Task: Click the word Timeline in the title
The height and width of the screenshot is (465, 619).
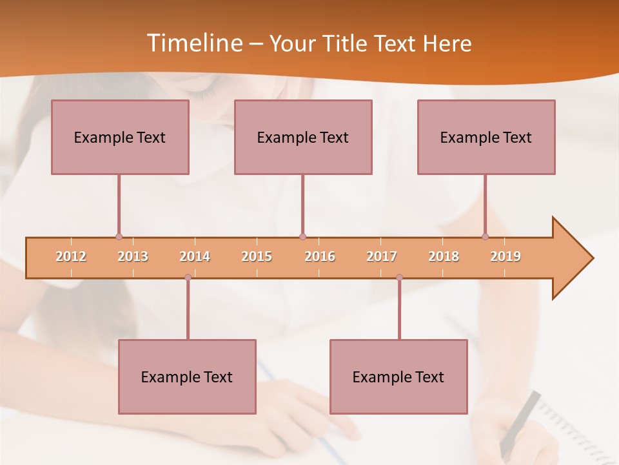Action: coord(193,43)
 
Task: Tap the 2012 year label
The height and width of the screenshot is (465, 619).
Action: coord(71,257)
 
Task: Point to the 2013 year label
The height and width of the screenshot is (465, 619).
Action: coord(133,257)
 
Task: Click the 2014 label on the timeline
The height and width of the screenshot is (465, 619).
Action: coord(195,257)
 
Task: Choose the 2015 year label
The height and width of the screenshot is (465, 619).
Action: coord(257,257)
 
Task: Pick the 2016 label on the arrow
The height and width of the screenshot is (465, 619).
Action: coord(320,257)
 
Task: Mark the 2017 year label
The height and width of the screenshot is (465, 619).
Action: coord(382,257)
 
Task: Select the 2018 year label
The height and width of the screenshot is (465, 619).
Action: coord(444,257)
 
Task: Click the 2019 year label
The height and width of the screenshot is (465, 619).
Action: coord(506,257)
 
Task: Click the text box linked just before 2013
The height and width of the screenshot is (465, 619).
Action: coord(120,138)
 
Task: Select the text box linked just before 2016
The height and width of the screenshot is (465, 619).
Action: coord(303,138)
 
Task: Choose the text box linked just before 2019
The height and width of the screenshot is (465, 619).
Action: coord(486,138)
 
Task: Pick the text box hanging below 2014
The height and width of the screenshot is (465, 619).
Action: coord(187,377)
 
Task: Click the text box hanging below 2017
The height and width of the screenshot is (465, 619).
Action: coord(398,377)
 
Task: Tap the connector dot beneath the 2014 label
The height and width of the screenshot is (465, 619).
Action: coord(188,278)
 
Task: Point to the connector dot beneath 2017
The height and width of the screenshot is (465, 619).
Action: coord(399,278)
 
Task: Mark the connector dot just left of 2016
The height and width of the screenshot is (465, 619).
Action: coord(302,237)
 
